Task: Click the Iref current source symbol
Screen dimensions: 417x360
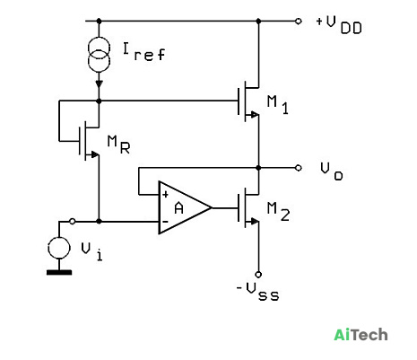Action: pos(100,55)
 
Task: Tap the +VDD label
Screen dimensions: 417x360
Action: pos(339,25)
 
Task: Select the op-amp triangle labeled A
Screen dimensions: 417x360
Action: pos(185,207)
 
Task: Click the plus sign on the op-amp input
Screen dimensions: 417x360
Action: pos(165,195)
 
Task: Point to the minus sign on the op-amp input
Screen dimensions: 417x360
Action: pos(165,222)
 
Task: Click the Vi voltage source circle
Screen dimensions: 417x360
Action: pos(59,248)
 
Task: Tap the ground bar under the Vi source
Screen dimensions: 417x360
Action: pos(59,272)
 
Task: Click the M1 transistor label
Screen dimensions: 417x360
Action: pos(278,105)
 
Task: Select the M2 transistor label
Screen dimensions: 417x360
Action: pos(278,212)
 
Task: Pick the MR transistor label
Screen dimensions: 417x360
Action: pos(118,145)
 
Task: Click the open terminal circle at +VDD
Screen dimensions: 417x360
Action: pos(298,21)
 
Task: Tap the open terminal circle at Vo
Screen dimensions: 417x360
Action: pos(298,168)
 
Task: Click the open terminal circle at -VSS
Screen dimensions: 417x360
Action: pos(258,274)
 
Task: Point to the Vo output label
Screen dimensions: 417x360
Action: pos(332,171)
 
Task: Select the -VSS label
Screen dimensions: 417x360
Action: pos(257,292)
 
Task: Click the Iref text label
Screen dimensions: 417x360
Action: pos(143,52)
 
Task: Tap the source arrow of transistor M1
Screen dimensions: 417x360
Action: pos(255,114)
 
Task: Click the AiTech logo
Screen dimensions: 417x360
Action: pos(361,335)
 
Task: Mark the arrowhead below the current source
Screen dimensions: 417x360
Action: pos(100,84)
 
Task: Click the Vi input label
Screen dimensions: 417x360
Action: pos(92,251)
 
